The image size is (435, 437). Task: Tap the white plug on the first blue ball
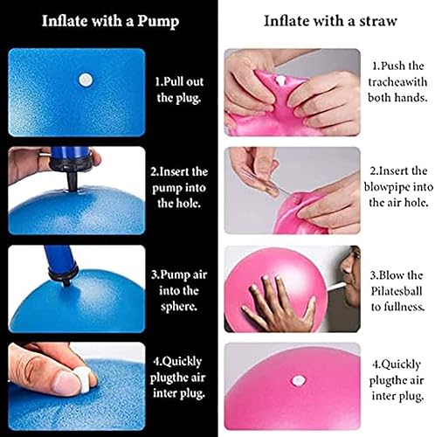pyautogui.click(x=86, y=79)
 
